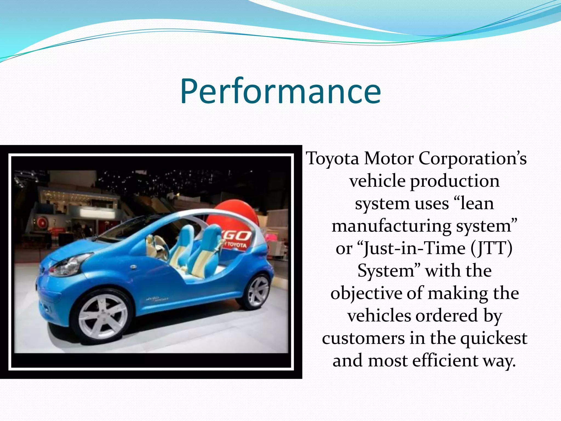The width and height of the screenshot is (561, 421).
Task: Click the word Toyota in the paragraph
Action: (x=332, y=159)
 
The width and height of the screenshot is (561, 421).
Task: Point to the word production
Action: (x=455, y=182)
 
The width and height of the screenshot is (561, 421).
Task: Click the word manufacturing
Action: (x=391, y=227)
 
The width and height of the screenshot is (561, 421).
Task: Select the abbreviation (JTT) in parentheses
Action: (x=492, y=249)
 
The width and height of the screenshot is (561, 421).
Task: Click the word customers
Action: (x=363, y=339)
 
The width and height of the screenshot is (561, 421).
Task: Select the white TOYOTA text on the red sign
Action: (x=235, y=245)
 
